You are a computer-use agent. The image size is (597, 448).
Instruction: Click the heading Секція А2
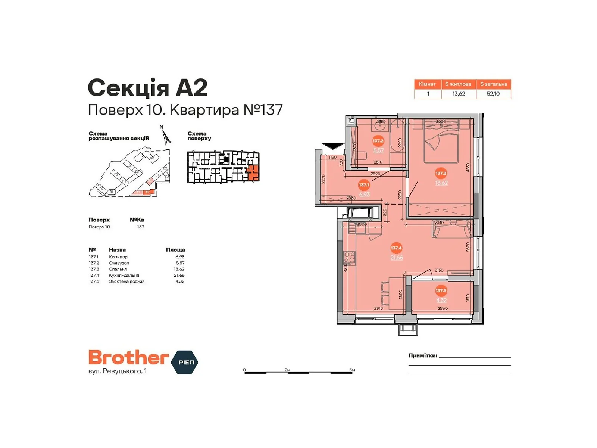147,88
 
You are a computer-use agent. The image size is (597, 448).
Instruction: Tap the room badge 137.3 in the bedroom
441,173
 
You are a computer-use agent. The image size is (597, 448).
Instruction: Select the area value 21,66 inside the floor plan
397,258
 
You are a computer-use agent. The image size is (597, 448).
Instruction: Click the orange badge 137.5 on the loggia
441,290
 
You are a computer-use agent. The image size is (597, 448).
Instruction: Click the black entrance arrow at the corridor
333,146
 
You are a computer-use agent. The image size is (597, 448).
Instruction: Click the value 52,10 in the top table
493,94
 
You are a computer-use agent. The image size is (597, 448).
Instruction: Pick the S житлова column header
458,84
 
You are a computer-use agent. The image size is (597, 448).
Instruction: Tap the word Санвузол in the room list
119,263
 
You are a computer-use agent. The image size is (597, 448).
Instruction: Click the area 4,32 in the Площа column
180,281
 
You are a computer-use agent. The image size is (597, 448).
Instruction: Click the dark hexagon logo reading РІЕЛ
185,362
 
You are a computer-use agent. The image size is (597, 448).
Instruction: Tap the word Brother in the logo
128,358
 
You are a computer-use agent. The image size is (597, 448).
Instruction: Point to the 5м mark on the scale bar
352,370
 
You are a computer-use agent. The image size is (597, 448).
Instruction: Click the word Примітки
422,355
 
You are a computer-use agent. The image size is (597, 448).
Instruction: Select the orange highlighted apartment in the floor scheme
253,172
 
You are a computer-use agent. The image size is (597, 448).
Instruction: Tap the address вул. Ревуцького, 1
118,371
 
